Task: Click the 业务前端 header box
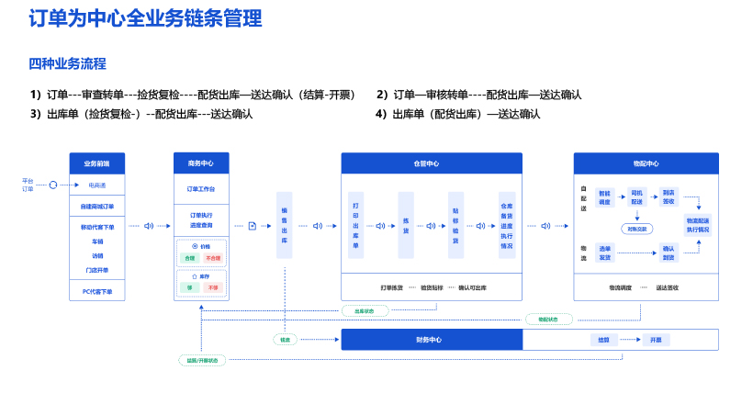pos(96,163)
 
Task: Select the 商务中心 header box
pos(200,163)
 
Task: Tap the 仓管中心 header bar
pos(432,163)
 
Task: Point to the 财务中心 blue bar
pos(431,340)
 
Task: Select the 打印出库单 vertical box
pos(356,226)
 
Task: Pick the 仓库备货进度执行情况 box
pos(507,226)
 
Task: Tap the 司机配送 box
pos(636,197)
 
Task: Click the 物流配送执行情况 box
pos(698,225)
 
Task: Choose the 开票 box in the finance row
pos(656,340)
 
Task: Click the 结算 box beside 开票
pos(603,340)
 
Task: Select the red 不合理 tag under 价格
pos(213,259)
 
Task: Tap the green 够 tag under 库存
pos(190,287)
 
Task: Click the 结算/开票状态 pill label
pos(202,360)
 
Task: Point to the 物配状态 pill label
pos(548,320)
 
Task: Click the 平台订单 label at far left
pos(28,185)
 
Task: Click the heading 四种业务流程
pos(67,63)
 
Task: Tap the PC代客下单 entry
pos(96,291)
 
